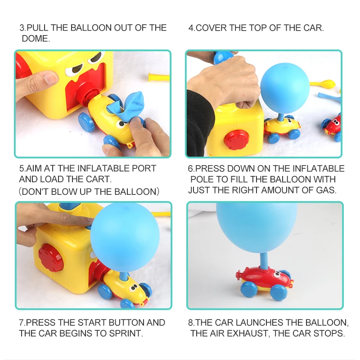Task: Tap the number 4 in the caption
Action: pos(191,28)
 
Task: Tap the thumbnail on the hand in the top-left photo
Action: pos(49,78)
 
